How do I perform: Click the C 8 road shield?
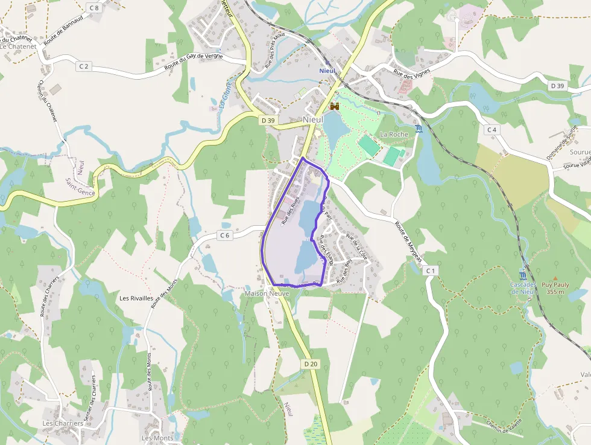click(x=93, y=7)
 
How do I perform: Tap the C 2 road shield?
click(x=83, y=66)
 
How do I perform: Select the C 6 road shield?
click(x=225, y=235)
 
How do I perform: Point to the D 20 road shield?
click(x=311, y=363)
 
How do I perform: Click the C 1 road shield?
click(x=430, y=271)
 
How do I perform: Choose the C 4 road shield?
click(x=492, y=129)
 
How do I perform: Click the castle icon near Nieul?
click(x=335, y=106)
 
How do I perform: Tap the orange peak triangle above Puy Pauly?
click(x=555, y=279)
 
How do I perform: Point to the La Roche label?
click(x=394, y=134)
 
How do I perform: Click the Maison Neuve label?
click(x=267, y=293)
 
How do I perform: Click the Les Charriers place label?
click(x=63, y=423)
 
